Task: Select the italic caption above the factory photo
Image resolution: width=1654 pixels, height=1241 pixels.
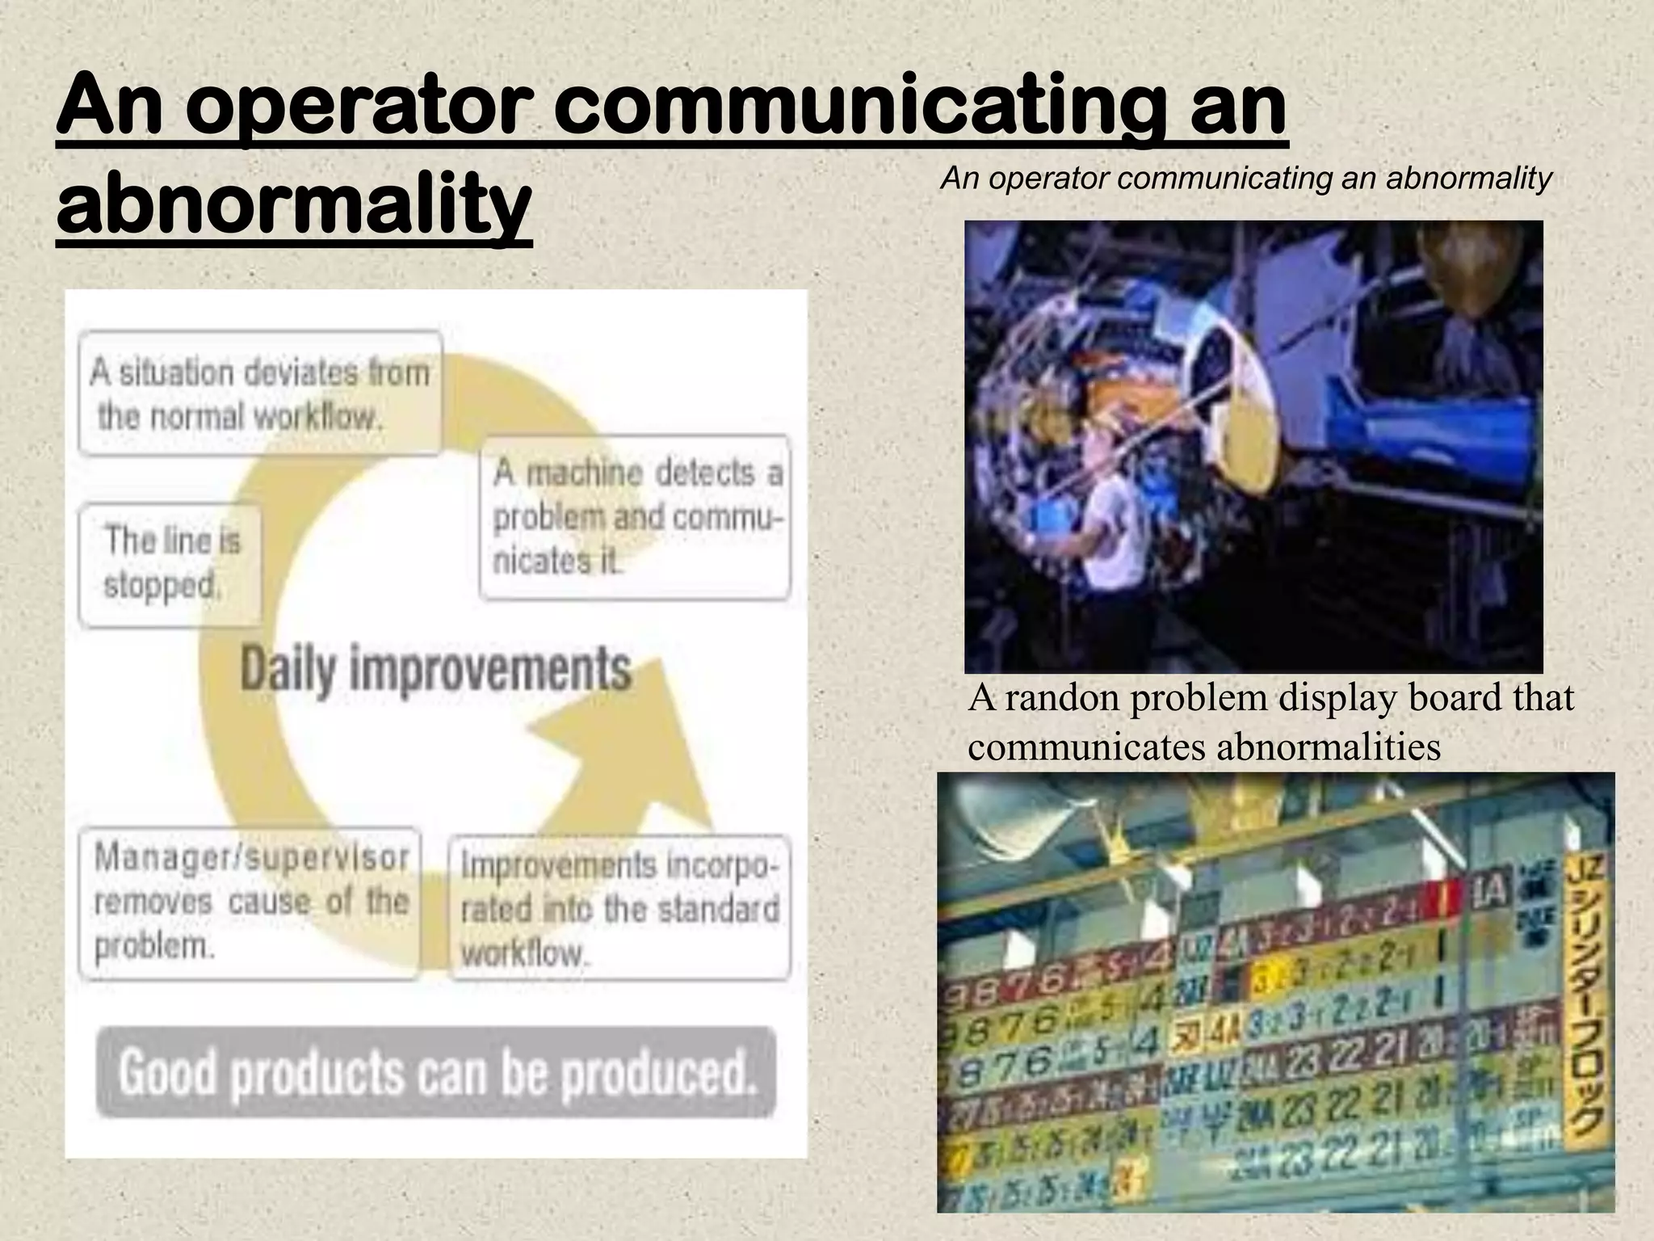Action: click(x=1246, y=179)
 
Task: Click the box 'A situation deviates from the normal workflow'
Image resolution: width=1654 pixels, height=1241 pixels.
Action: click(x=260, y=393)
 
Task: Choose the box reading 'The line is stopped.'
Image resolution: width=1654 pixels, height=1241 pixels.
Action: click(x=171, y=563)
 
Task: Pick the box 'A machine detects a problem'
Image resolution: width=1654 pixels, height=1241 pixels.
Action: click(x=635, y=517)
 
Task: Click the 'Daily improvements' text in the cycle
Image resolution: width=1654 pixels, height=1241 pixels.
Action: click(x=435, y=670)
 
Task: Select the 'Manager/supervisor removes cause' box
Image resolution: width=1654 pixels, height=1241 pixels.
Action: click(x=250, y=902)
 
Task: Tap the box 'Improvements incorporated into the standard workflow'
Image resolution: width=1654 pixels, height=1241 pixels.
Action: click(x=619, y=908)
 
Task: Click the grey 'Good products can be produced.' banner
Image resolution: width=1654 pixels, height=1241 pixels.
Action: click(x=436, y=1072)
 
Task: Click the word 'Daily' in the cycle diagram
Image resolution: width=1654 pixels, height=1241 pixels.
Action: click(x=287, y=670)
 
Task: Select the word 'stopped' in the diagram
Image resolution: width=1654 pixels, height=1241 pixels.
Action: click(x=161, y=585)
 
